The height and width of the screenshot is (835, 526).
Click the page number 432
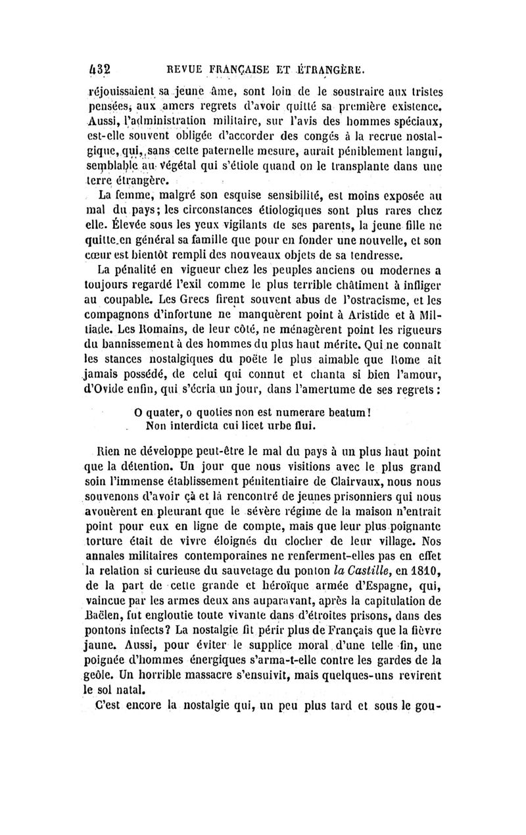[98, 68]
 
